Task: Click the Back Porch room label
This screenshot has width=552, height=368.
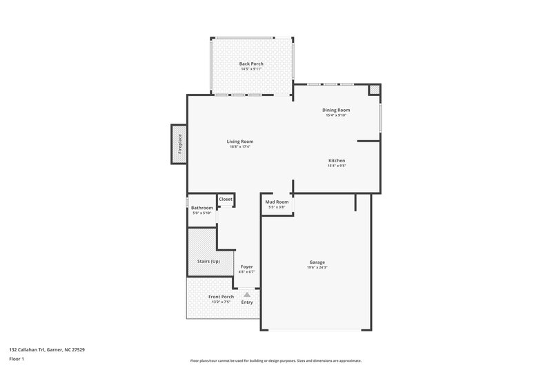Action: [x=251, y=64]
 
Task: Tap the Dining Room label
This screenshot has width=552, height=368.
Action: [x=336, y=110]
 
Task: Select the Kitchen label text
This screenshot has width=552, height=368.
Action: [x=336, y=160]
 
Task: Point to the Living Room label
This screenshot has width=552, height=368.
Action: [x=240, y=142]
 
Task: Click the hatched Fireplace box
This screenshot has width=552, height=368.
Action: [x=179, y=144]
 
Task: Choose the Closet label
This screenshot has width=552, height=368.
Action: [x=226, y=199]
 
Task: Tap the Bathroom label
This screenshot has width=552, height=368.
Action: [x=201, y=208]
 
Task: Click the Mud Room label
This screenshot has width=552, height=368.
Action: [x=277, y=202]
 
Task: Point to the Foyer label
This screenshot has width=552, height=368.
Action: [x=246, y=267]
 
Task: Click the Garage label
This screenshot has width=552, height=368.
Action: [x=317, y=262]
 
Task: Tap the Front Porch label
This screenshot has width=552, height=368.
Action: [x=221, y=296]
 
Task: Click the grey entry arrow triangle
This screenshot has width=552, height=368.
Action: [x=247, y=294]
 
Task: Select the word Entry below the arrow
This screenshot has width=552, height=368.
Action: [x=247, y=302]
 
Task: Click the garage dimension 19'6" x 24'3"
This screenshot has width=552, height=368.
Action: [x=317, y=267]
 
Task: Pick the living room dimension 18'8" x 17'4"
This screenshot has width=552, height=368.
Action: [x=240, y=146]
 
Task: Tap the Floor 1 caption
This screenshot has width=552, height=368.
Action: [x=17, y=359]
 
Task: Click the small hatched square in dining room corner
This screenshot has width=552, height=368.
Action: [x=374, y=89]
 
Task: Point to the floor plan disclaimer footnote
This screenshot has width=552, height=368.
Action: [x=275, y=360]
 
